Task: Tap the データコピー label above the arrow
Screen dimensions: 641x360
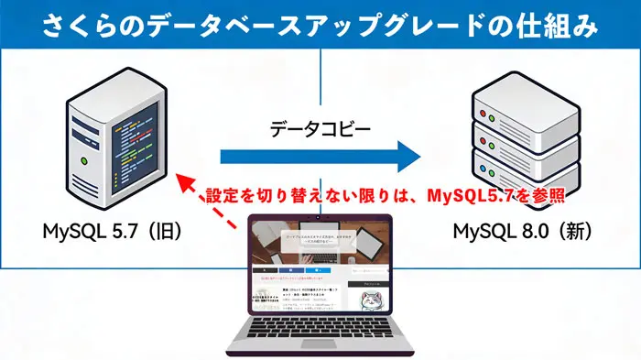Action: tap(320, 130)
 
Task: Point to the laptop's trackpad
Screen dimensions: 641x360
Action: tap(320, 353)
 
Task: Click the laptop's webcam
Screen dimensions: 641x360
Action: tap(320, 218)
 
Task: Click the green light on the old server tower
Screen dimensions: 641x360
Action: tap(84, 161)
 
